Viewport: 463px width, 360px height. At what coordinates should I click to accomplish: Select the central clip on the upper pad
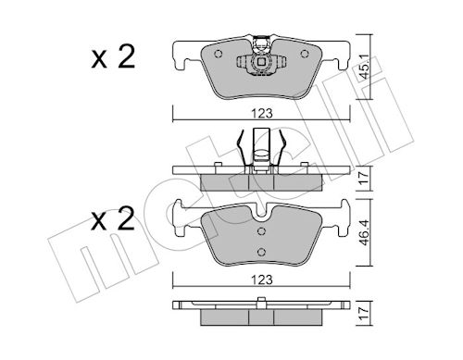(260, 63)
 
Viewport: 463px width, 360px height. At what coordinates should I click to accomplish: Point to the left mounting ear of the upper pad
(182, 54)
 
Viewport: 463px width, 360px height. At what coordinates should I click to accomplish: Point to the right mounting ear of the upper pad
(339, 54)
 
